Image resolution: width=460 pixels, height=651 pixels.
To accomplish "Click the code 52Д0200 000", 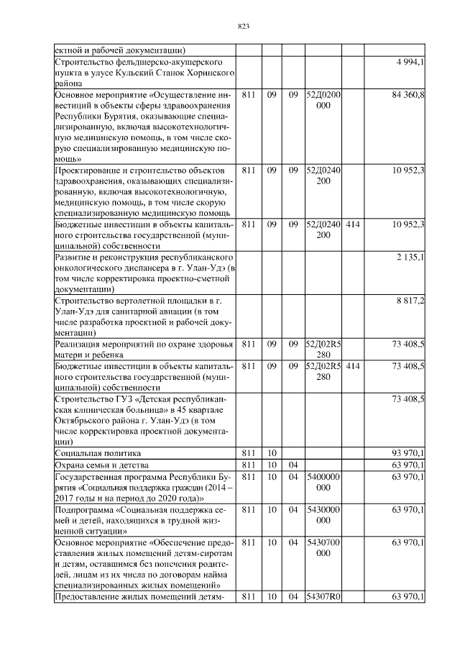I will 323,99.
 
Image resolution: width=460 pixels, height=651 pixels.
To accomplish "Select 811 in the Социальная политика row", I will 249,453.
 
